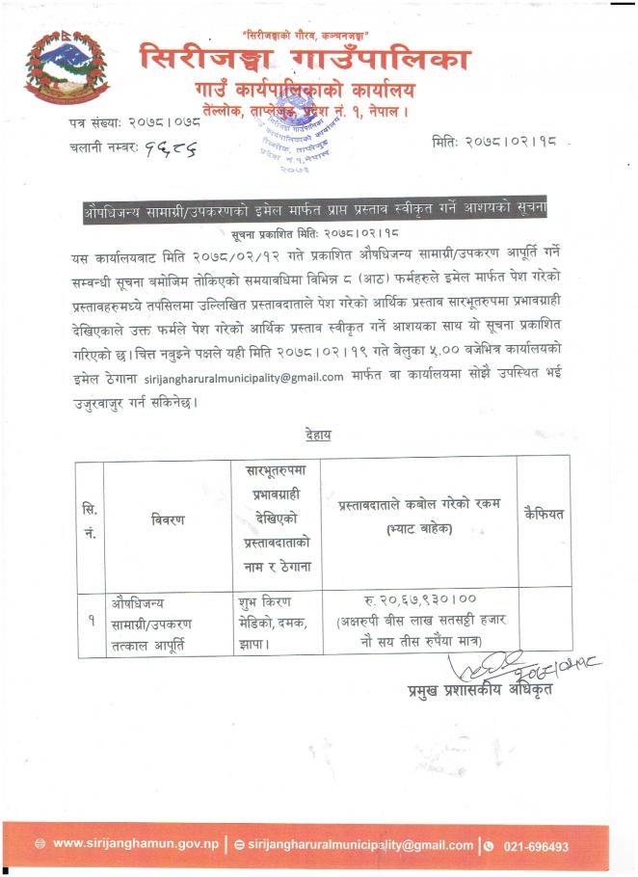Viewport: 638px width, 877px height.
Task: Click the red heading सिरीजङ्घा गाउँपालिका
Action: pos(305,61)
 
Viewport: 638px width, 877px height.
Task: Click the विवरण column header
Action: pos(169,519)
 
